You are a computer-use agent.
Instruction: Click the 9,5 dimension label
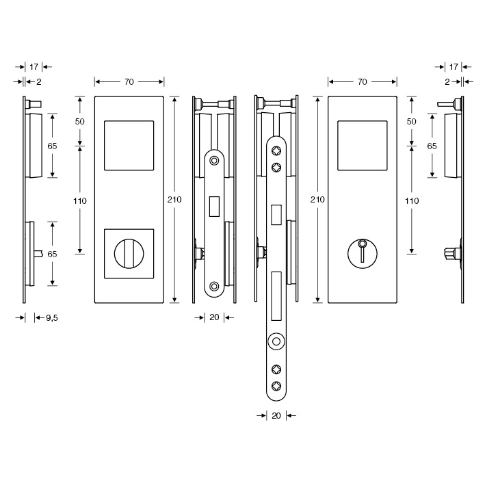tap(52, 318)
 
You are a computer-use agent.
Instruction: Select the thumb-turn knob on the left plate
tap(129, 254)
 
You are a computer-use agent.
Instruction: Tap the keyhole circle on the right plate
tap(362, 254)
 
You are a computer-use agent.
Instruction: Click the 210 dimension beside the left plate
tap(174, 200)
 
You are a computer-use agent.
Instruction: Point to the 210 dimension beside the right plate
tap(317, 200)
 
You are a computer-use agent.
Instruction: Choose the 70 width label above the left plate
tap(129, 81)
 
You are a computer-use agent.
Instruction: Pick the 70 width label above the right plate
tap(362, 81)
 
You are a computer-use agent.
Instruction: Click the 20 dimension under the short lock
tap(214, 317)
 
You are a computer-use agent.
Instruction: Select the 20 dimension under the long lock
tap(276, 416)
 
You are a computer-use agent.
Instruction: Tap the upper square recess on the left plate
tap(129, 146)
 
